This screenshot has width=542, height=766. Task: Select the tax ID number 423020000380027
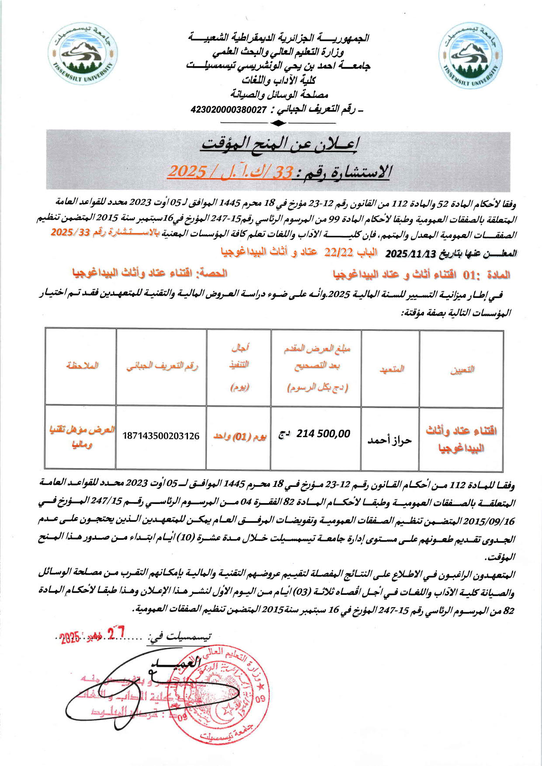(x=229, y=110)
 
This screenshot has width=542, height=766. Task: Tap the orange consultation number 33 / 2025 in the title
(x=230, y=172)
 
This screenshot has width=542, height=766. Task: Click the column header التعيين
(x=462, y=369)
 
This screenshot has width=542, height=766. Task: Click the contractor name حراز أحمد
(x=389, y=440)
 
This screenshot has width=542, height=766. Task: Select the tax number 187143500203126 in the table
(x=161, y=436)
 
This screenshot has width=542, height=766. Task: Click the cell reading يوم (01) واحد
(x=239, y=436)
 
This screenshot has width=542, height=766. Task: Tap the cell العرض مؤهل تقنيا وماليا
(x=82, y=437)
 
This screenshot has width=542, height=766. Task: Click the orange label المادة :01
(x=486, y=275)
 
